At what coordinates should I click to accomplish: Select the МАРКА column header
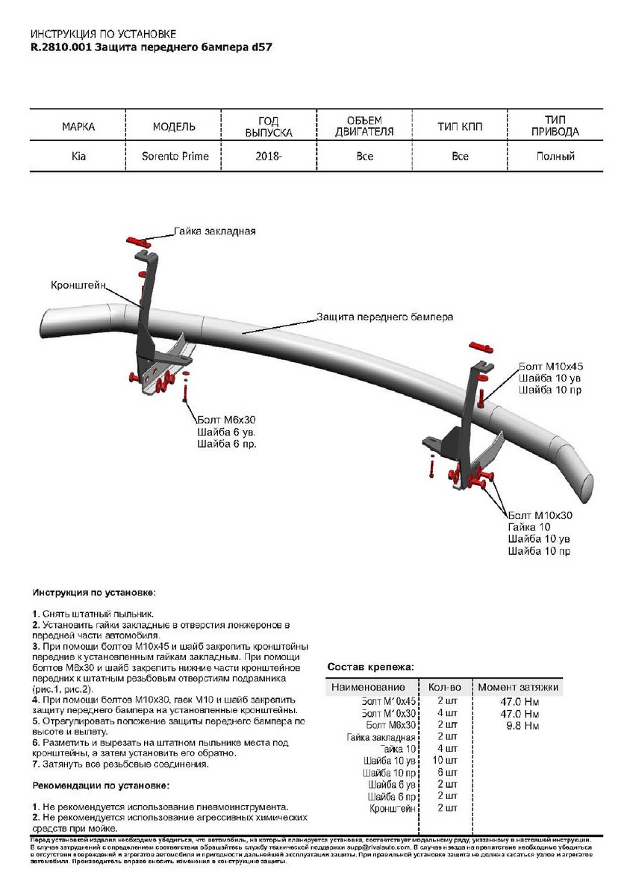(78, 127)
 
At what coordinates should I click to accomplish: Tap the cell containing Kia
(78, 157)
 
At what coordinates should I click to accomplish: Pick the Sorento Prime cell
(175, 157)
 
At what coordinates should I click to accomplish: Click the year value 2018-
(269, 157)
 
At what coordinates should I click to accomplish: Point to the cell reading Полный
(555, 157)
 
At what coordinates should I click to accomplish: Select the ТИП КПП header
(460, 127)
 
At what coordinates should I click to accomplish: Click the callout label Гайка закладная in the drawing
(215, 231)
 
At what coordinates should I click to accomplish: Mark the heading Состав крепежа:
(371, 667)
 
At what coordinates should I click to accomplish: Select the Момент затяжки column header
(518, 687)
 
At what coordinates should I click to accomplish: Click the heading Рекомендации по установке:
(101, 785)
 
